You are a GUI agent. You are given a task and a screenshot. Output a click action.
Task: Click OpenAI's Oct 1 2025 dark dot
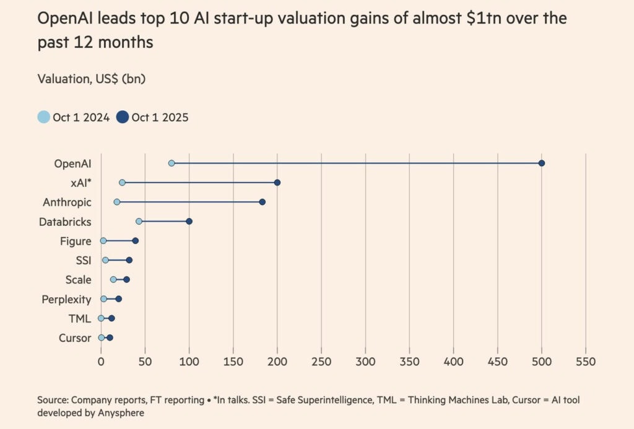click(x=542, y=163)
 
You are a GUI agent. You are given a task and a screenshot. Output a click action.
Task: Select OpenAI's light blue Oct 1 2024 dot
click(x=172, y=163)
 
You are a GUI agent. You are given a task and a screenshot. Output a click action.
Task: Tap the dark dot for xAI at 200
click(x=277, y=183)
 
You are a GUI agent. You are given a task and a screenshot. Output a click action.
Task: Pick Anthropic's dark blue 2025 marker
click(x=262, y=202)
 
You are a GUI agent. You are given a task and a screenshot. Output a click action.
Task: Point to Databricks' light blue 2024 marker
click(x=139, y=221)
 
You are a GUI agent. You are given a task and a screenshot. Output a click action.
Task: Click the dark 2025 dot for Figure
click(x=136, y=241)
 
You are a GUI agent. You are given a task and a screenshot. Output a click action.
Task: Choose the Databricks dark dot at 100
click(x=189, y=221)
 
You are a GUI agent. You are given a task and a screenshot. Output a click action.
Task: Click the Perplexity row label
click(x=66, y=299)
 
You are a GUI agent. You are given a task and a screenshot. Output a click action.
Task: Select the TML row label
click(x=79, y=319)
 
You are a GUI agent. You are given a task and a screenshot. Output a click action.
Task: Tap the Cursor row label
click(x=75, y=338)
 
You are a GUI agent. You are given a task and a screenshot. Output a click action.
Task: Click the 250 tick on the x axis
click(x=321, y=362)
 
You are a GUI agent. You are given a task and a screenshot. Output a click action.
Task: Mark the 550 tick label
click(x=586, y=362)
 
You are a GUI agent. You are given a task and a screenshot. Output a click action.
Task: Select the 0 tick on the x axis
click(x=101, y=362)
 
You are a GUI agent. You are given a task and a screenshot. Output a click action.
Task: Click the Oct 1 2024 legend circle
click(x=44, y=116)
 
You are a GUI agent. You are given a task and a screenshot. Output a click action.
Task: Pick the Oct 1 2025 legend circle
click(x=123, y=116)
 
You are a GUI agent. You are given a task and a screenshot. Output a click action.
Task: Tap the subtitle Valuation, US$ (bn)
click(x=92, y=79)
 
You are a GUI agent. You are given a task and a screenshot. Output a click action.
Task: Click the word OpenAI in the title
click(x=66, y=19)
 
